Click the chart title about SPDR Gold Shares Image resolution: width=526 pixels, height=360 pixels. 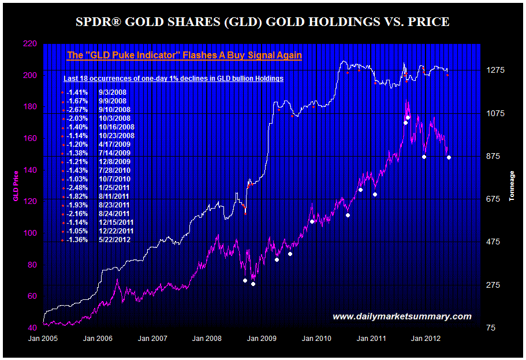[263, 23]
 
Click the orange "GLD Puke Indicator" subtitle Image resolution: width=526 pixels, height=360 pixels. [184, 55]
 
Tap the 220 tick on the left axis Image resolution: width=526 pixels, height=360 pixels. [30, 44]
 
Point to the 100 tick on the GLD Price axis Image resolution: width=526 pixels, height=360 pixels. [30, 233]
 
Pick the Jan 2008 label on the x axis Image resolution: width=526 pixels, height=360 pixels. [207, 339]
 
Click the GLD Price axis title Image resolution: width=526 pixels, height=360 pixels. [16, 186]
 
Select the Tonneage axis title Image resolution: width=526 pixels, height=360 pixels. [512, 186]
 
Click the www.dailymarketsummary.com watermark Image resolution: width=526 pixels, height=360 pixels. [402, 317]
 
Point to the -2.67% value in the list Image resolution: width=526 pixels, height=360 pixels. [77, 110]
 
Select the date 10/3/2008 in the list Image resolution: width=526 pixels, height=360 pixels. [115, 118]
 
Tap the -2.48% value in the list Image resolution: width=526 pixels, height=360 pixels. [77, 188]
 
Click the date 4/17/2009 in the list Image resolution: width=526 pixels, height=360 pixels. [115, 144]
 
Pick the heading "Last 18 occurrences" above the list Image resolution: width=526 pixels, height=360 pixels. [173, 78]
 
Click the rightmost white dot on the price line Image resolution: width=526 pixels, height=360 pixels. [449, 158]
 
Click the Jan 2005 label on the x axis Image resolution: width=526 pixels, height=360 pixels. [43, 339]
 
